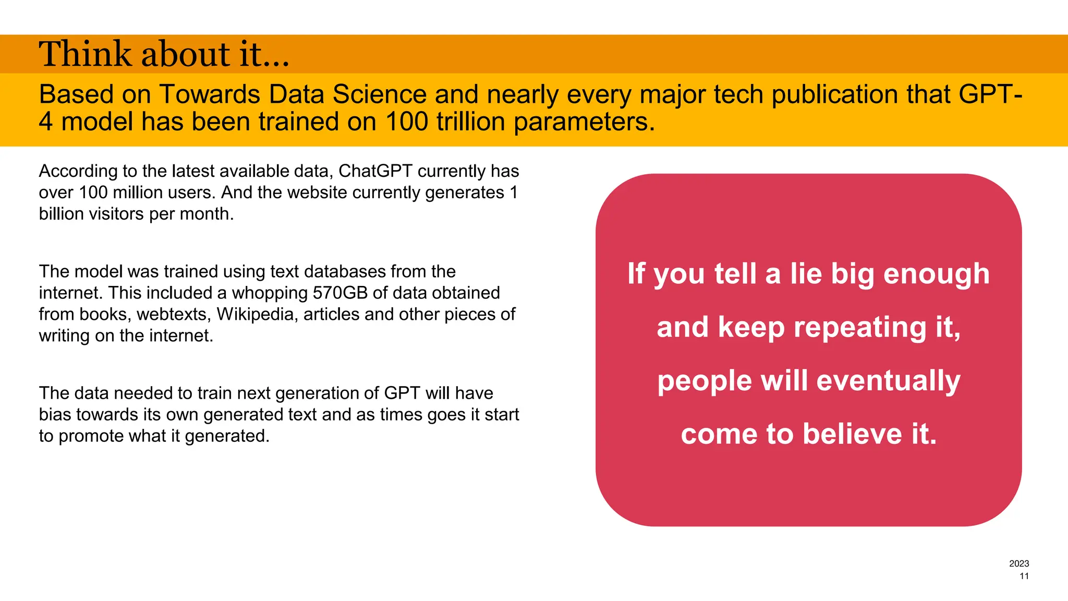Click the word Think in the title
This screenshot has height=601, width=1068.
[86, 54]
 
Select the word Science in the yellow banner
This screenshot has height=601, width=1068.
[380, 94]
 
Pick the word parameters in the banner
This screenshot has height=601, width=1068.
[584, 122]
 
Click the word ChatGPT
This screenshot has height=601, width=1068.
[375, 171]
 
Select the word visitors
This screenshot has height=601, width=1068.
[117, 214]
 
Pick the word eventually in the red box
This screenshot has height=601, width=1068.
[888, 381]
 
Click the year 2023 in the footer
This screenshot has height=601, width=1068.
[1018, 563]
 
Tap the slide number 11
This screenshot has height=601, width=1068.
[1024, 576]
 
